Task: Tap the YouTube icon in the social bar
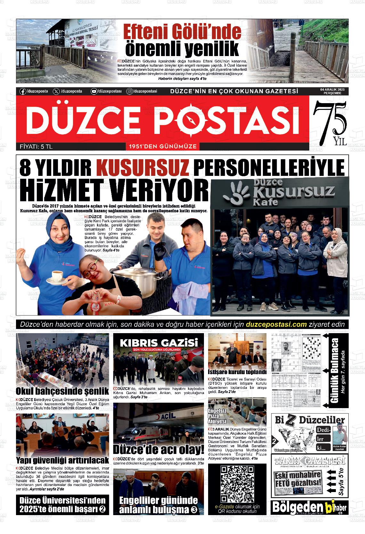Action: click(x=94, y=91)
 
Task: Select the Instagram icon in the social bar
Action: click(x=129, y=91)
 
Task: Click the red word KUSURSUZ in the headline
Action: click(x=142, y=167)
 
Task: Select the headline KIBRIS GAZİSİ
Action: click(x=158, y=342)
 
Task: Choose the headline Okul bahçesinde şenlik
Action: click(x=62, y=391)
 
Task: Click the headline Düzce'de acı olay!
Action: click(x=158, y=449)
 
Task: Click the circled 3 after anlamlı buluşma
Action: click(x=194, y=510)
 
